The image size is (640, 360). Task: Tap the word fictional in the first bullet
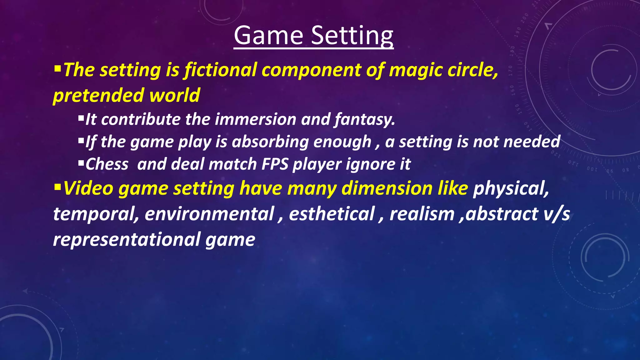pyautogui.click(x=221, y=70)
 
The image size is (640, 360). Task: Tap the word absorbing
pyautogui.click(x=270, y=142)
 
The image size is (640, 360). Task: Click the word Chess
pyautogui.click(x=107, y=164)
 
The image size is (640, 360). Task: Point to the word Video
pyautogui.click(x=88, y=189)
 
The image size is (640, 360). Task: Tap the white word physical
pyautogui.click(x=511, y=189)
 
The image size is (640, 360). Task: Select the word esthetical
pyautogui.click(x=332, y=214)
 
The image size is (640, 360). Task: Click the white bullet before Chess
pyautogui.click(x=81, y=162)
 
